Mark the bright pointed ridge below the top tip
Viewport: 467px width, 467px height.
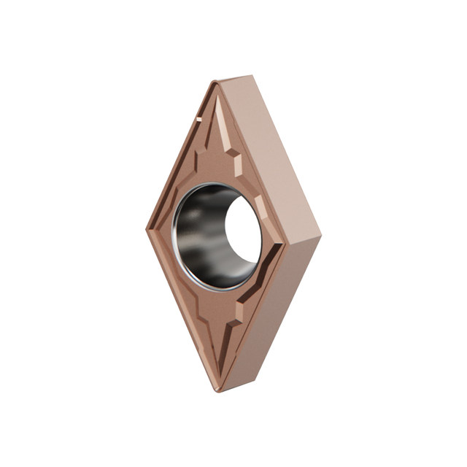219,124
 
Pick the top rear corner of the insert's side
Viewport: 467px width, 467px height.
252,75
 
